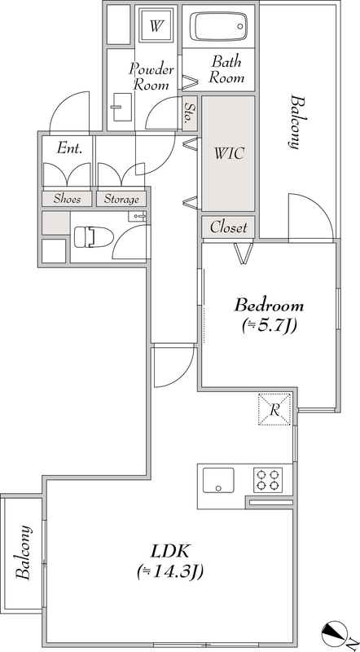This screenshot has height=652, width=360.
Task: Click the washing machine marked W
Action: point(156,26)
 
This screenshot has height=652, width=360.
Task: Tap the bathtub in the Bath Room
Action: point(218,27)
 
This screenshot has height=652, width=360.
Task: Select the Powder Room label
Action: point(151,77)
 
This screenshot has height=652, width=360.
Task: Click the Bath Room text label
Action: point(226,69)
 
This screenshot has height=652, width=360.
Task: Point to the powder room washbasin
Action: point(121,107)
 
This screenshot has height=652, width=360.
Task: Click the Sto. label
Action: point(189,113)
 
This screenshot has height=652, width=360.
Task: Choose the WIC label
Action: point(228,153)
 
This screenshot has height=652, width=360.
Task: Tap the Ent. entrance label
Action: point(69,148)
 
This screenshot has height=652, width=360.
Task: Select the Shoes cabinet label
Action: point(67,199)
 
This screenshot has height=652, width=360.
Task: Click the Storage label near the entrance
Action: point(121,199)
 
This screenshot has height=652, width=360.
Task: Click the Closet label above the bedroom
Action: point(228,227)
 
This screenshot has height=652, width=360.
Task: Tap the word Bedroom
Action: point(269,306)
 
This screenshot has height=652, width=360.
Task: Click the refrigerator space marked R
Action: point(274,409)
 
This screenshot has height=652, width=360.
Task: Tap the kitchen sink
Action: point(218,480)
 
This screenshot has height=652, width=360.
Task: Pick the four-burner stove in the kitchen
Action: point(268,480)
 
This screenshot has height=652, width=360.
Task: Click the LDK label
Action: point(170,552)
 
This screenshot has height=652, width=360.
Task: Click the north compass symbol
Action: point(334,634)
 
